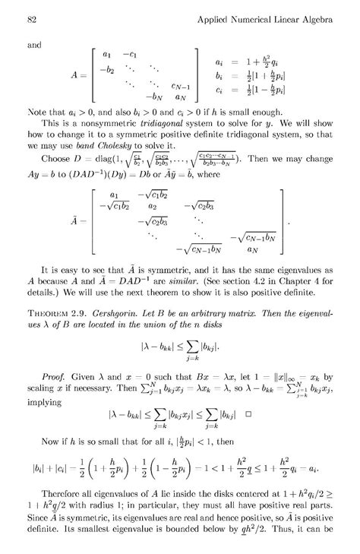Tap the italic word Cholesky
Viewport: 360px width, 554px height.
pos(128,165)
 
